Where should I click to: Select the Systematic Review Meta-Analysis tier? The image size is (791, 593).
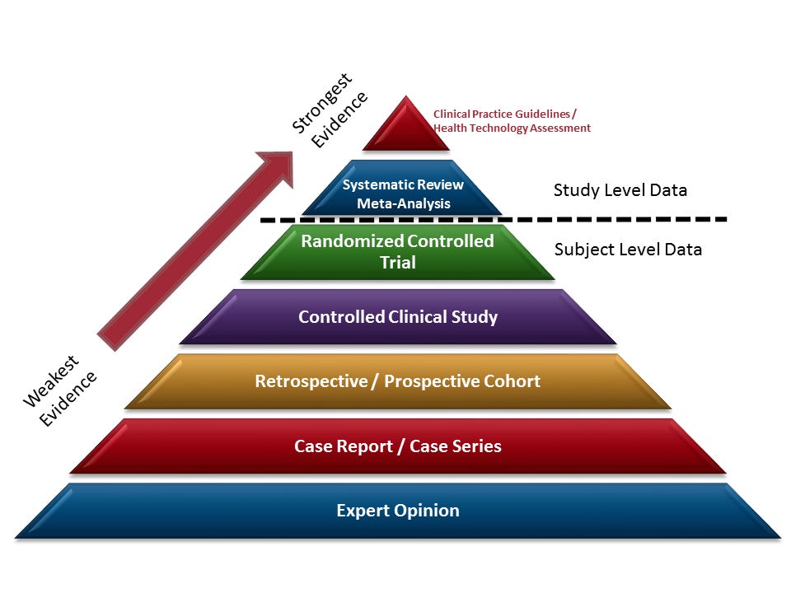(x=403, y=194)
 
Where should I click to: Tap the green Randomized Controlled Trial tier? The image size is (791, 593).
(x=397, y=252)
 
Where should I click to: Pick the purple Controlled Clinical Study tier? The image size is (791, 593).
(x=398, y=317)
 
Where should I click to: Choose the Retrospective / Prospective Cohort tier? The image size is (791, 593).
(x=398, y=381)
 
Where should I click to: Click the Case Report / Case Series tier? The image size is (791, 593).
(x=398, y=446)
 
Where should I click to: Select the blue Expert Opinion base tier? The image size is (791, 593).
(x=398, y=511)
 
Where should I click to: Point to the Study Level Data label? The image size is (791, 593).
(x=620, y=190)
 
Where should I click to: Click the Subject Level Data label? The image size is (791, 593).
(x=628, y=249)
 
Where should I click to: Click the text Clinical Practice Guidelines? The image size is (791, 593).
(x=504, y=114)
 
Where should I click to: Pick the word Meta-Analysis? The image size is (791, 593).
(x=403, y=203)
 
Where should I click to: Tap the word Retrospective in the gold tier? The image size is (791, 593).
(x=309, y=381)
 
